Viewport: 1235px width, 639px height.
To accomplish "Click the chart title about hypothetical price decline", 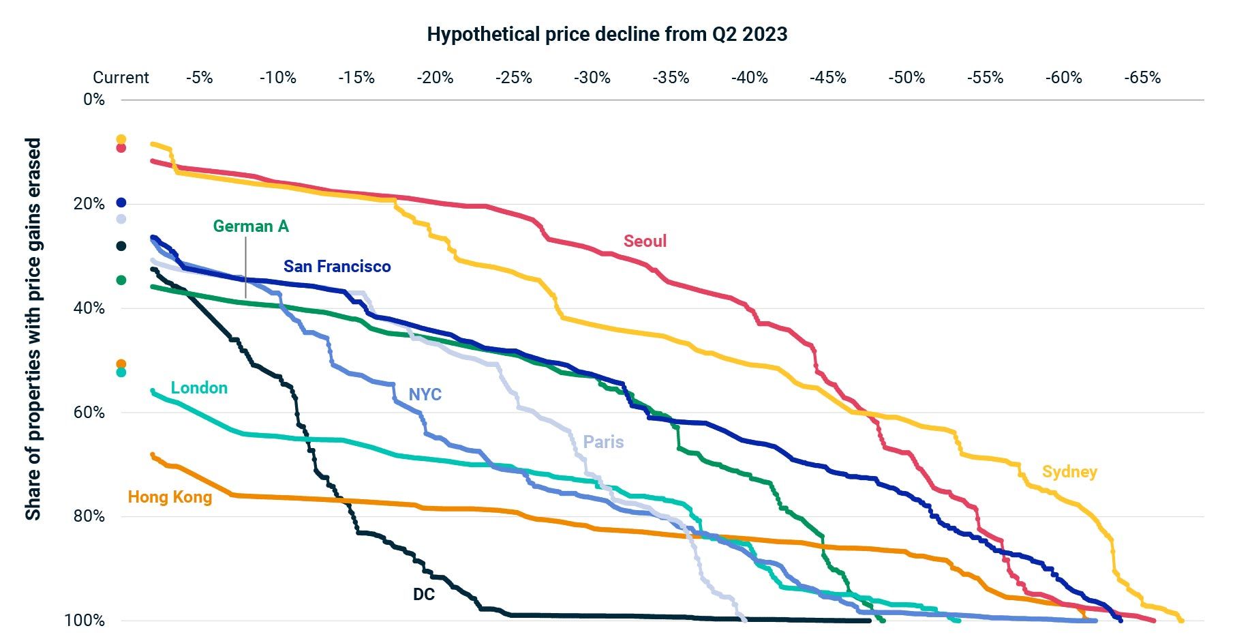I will click(607, 34).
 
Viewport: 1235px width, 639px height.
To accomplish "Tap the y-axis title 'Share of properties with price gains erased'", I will click(33, 329).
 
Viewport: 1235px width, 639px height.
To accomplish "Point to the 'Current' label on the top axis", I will click(121, 78).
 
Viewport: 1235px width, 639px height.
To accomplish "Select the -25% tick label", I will click(513, 78).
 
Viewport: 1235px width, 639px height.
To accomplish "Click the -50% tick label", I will click(906, 78).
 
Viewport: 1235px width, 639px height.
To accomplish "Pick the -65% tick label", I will click(1142, 78).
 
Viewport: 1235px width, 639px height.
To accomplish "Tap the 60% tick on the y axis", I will click(89, 412).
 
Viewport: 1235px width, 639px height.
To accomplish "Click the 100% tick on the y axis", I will click(85, 621).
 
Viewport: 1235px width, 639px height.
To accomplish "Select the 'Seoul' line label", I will click(645, 241).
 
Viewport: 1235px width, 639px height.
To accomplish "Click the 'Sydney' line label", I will click(1069, 472).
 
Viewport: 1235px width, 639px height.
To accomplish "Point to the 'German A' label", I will click(251, 226).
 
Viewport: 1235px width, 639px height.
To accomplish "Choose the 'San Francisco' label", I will click(337, 267).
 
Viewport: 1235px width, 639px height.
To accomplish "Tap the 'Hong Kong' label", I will click(170, 497).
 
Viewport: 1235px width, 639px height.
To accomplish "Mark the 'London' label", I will click(199, 388).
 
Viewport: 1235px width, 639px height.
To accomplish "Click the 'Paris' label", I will click(603, 442).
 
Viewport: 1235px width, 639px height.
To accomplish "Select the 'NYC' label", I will click(425, 395).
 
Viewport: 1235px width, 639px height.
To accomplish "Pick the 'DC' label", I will click(423, 595).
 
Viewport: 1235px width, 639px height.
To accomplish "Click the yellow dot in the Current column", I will click(121, 139).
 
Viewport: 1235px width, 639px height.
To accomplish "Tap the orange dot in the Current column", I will click(121, 364).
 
